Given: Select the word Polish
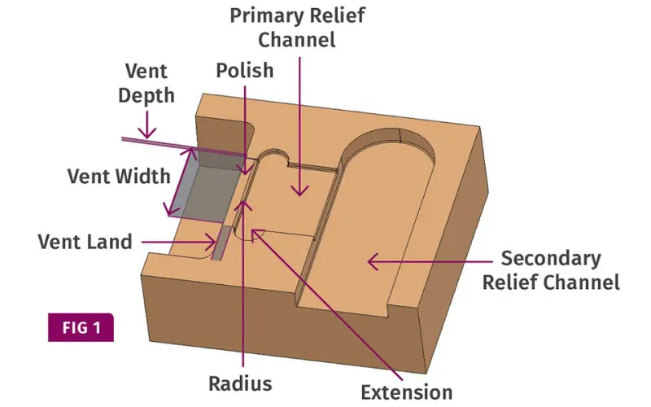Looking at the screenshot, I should tap(245, 70).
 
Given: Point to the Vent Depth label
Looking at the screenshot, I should tap(146, 83).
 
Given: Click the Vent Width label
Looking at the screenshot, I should tap(119, 176).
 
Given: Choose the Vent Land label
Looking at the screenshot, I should tap(85, 242).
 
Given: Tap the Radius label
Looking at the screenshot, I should tap(240, 383).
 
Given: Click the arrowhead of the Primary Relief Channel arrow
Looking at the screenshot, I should tap(300, 190).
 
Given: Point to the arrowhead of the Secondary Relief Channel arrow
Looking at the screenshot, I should tap(371, 261).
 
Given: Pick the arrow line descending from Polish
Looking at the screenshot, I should tap(245, 122).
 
